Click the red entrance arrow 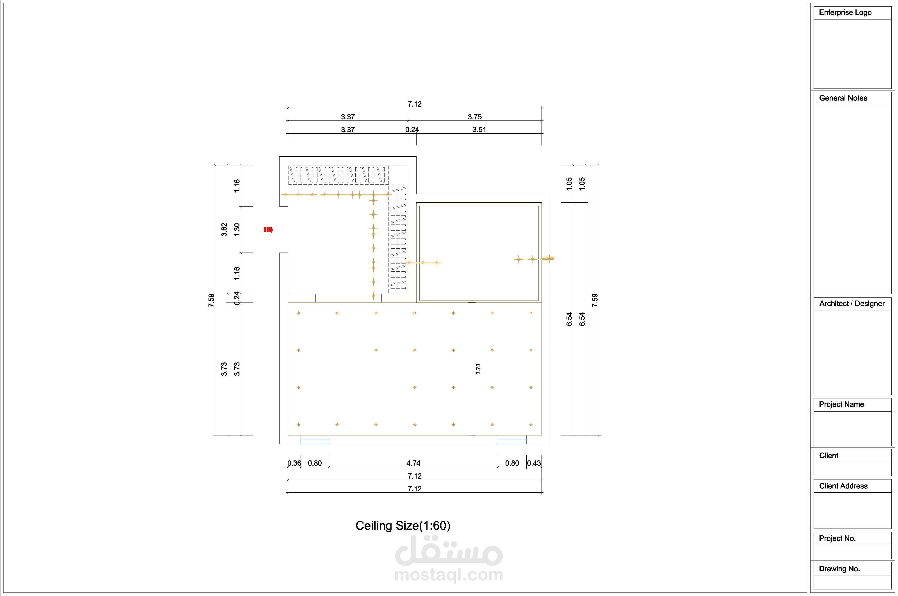269,230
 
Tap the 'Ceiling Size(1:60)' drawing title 403,526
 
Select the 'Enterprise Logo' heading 845,12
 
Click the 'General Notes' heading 843,98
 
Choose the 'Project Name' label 841,404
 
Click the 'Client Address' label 843,486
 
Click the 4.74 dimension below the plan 413,463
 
